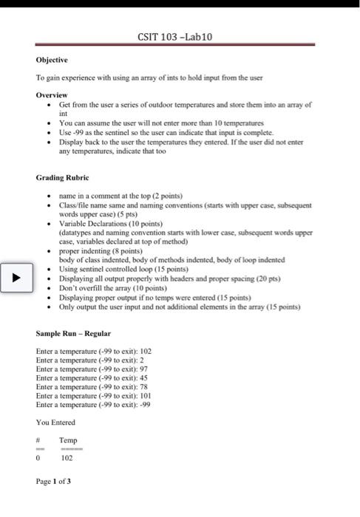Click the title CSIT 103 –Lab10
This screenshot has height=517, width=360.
[x=174, y=38]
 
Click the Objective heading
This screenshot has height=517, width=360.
[x=51, y=60]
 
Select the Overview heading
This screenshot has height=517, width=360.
[x=52, y=95]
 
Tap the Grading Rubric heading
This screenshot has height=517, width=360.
[x=62, y=178]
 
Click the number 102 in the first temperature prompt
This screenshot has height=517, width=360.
[x=145, y=351]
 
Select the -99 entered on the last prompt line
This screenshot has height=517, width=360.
[x=146, y=404]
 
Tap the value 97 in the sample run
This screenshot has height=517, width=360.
[x=143, y=369]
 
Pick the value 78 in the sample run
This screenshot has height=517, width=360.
[x=143, y=386]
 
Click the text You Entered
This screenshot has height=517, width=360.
[x=55, y=422]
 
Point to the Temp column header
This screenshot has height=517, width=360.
[x=68, y=440]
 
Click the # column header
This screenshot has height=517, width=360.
[x=38, y=440]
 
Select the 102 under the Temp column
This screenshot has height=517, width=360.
[x=67, y=457]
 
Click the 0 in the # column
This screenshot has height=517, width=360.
[x=38, y=457]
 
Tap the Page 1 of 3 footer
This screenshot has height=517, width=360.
[x=53, y=482]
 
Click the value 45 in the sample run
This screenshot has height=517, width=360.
[x=143, y=377]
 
